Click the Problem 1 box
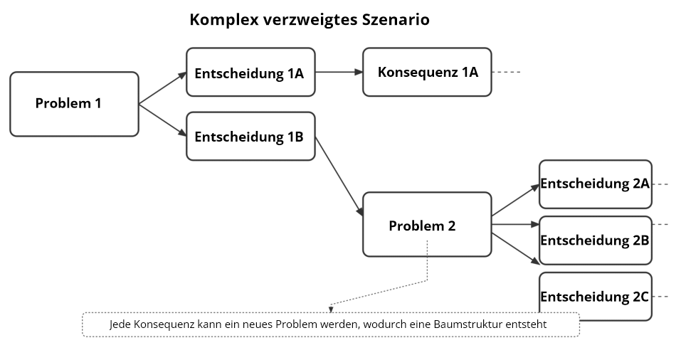point(74,104)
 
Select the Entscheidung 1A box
point(250,72)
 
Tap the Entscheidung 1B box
point(250,137)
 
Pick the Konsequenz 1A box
point(427,72)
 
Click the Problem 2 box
point(427,225)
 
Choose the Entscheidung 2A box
point(596,184)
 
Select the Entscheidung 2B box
point(596,240)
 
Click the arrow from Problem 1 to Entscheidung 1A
point(162,89)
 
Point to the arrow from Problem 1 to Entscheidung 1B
point(162,120)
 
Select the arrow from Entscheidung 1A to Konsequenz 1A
point(339,72)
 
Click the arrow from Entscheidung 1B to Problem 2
point(339,176)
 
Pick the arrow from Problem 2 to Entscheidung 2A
point(515,200)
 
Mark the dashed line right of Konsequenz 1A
point(507,72)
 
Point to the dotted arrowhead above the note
point(331,309)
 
